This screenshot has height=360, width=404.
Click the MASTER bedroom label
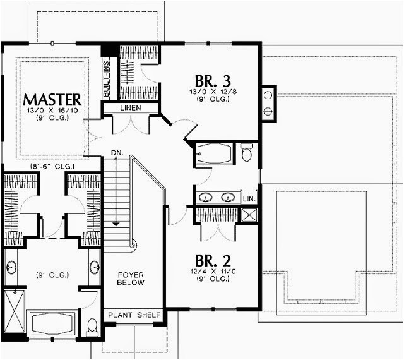click(52, 99)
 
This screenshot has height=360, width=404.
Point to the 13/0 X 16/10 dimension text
click(52, 111)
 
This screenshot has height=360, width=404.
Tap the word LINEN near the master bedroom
click(130, 107)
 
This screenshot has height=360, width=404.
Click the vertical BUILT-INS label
click(107, 78)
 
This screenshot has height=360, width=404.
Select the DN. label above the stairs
click(116, 152)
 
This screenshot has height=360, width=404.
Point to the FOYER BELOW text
click(131, 279)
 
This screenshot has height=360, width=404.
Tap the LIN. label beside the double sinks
click(249, 198)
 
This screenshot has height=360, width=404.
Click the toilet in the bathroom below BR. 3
click(247, 152)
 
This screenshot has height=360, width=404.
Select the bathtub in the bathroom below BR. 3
click(214, 154)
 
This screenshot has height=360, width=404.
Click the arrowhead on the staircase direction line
click(116, 223)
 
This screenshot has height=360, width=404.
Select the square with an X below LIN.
click(249, 214)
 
